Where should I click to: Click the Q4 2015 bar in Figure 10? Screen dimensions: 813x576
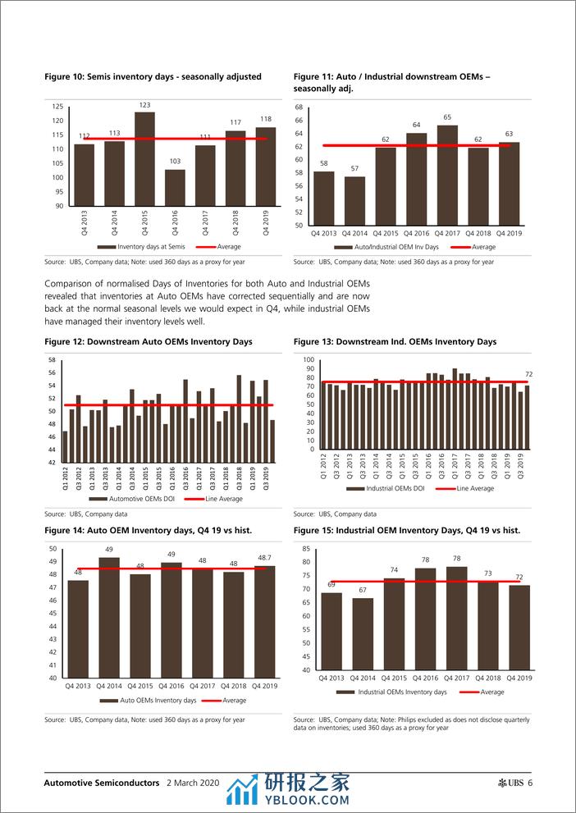coord(145,159)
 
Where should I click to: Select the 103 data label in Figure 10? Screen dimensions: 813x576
coord(175,162)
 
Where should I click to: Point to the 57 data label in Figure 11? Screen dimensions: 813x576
coord(355,169)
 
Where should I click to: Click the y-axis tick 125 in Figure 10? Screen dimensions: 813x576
coord(57,107)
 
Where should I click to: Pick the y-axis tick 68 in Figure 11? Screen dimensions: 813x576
coord(299,107)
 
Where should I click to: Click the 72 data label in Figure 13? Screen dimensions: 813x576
coord(528,374)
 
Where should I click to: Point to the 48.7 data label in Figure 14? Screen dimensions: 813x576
coord(264,558)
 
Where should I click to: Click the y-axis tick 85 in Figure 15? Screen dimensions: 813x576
coord(305,548)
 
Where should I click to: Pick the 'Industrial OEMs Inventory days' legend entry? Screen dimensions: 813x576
coord(402,692)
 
